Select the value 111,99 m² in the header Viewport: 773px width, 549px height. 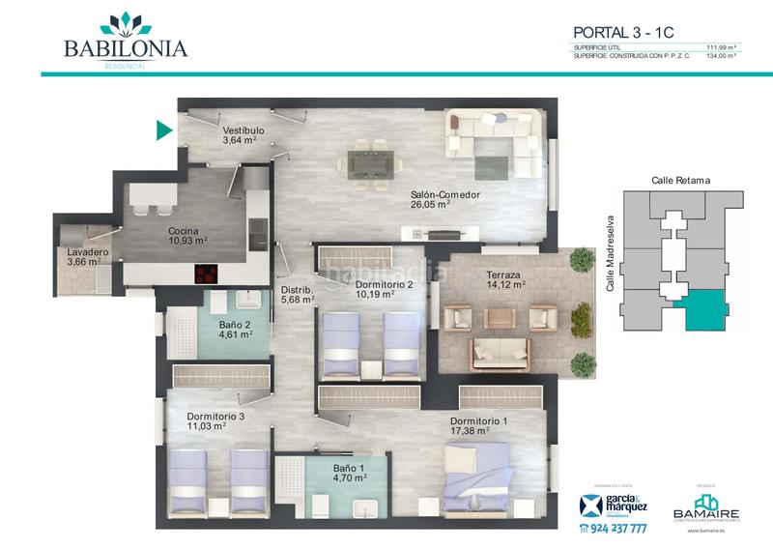click(720, 47)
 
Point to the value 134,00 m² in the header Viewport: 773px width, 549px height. click(720, 56)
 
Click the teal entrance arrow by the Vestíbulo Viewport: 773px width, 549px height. click(164, 129)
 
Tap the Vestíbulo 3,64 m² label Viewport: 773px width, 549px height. click(243, 135)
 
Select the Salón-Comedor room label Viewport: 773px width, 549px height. click(444, 199)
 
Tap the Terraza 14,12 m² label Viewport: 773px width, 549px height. click(504, 279)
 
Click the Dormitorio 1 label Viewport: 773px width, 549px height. click(477, 426)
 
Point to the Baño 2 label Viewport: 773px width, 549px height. click(236, 330)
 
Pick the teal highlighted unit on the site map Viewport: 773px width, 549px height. click(697, 311)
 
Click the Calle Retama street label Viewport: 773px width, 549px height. click(676, 180)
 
